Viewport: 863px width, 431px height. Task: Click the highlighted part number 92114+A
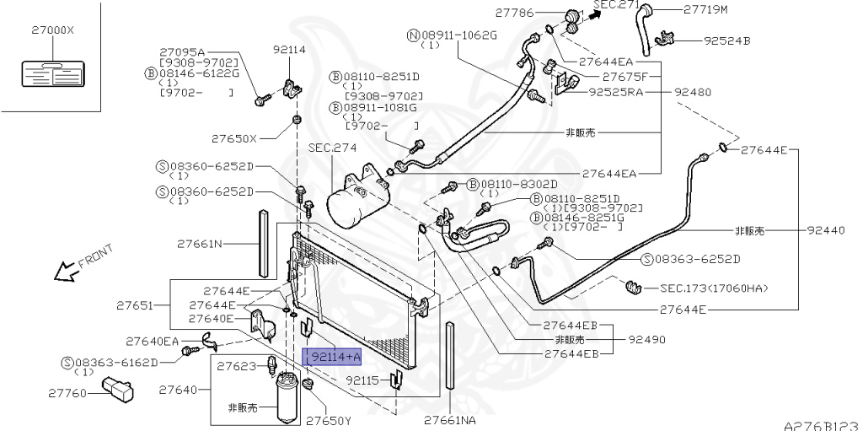[333, 357]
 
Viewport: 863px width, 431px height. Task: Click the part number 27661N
[200, 245]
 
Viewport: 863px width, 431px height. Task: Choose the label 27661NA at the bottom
[449, 420]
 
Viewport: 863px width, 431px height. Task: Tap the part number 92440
[826, 230]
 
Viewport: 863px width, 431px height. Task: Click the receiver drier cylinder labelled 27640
[288, 399]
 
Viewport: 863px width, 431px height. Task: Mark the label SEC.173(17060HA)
[715, 288]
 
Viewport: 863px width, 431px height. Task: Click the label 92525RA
[615, 92]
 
